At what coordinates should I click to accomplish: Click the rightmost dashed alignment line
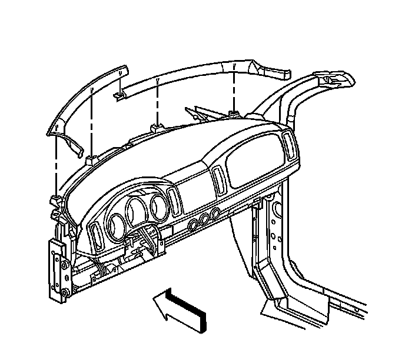234,88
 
